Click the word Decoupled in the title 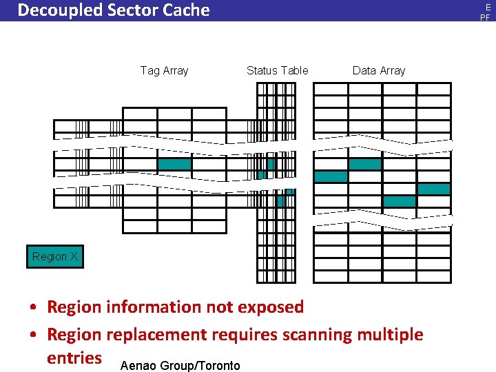[x=56, y=10]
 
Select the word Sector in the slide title [x=125, y=10]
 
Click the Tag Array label [x=164, y=70]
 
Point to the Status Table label [x=277, y=70]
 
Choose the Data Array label [x=379, y=70]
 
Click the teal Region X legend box [x=54, y=257]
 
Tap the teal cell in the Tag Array [x=174, y=165]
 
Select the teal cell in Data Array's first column [x=331, y=176]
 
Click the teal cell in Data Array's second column [x=364, y=164]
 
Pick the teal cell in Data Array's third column [x=400, y=201]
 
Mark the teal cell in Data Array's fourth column [x=434, y=189]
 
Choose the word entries [x=74, y=358]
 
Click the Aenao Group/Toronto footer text [x=180, y=365]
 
